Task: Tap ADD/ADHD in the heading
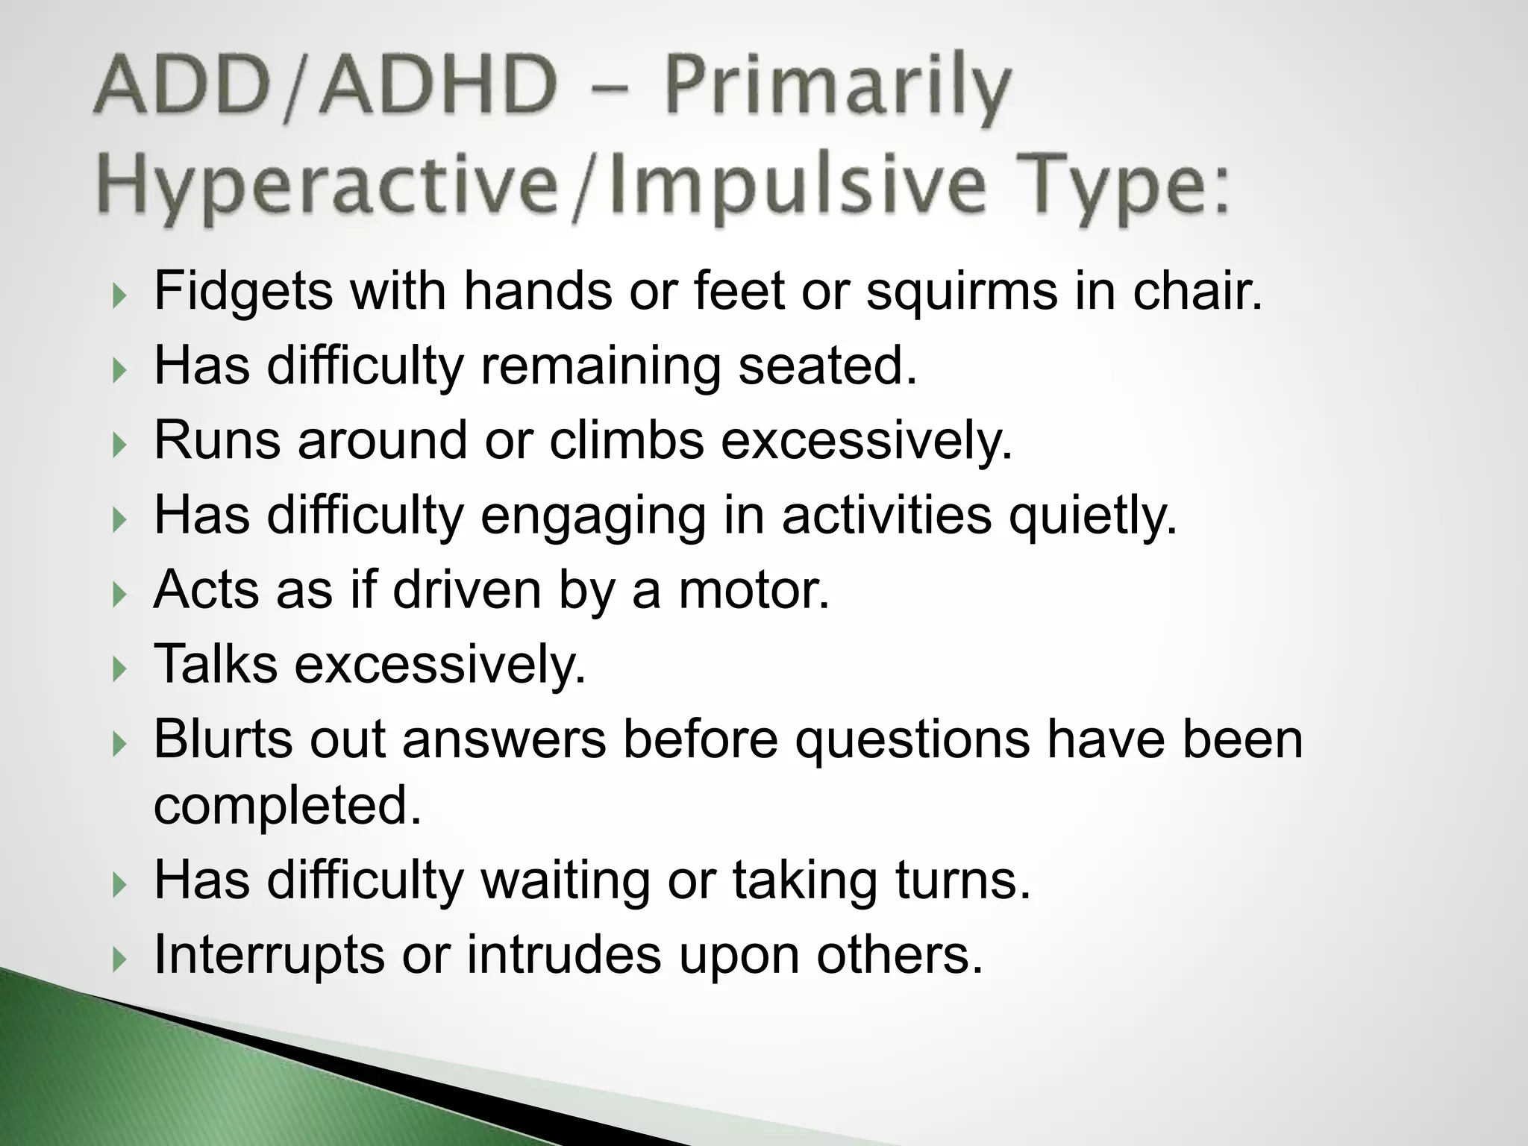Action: pos(325,88)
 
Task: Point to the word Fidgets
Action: pos(242,291)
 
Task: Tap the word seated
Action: pos(827,366)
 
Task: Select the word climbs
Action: pos(627,440)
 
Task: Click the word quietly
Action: pos(1092,516)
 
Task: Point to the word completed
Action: pos(287,806)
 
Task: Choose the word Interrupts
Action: pos(269,955)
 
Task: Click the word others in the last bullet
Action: pos(899,955)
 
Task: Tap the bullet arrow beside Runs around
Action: pos(119,445)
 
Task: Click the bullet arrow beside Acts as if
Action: pos(119,595)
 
